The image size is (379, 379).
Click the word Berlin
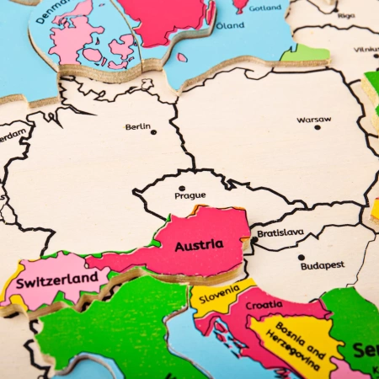(138, 127)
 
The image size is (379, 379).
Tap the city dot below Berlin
(153, 132)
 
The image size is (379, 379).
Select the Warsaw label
(313, 120)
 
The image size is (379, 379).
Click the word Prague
(189, 195)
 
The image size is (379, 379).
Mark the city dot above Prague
(181, 189)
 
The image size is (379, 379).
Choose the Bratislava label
(280, 232)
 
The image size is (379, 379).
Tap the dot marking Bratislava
(254, 240)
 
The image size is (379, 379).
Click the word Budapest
(322, 265)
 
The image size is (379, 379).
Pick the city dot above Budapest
(301, 258)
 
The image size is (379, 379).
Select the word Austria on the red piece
(199, 245)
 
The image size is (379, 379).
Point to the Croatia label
(264, 304)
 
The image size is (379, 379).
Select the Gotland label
(266, 8)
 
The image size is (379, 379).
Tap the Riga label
(345, 15)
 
